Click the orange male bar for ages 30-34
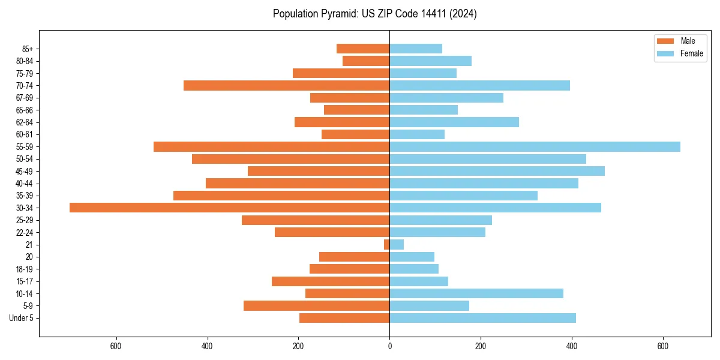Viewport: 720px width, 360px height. click(x=229, y=208)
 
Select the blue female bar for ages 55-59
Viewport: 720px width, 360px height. click(x=535, y=146)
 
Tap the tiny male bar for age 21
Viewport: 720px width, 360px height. click(x=386, y=244)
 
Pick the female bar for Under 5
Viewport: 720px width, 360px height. click(x=482, y=318)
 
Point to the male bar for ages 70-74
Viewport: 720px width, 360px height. click(x=286, y=86)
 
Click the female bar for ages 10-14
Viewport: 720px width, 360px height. click(x=476, y=293)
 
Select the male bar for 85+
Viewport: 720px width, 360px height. click(x=363, y=49)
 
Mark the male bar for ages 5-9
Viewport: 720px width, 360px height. click(x=316, y=306)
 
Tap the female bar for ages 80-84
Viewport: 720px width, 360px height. click(x=430, y=61)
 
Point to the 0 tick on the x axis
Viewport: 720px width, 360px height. click(x=389, y=346)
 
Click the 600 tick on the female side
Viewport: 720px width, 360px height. click(x=663, y=346)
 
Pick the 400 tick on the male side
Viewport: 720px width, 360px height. click(x=207, y=346)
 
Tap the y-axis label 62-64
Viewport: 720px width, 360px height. click(x=24, y=122)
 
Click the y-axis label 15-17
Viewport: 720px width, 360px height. click(x=24, y=281)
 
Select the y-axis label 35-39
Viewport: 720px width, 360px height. click(x=24, y=196)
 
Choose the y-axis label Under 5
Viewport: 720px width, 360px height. click(x=21, y=318)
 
